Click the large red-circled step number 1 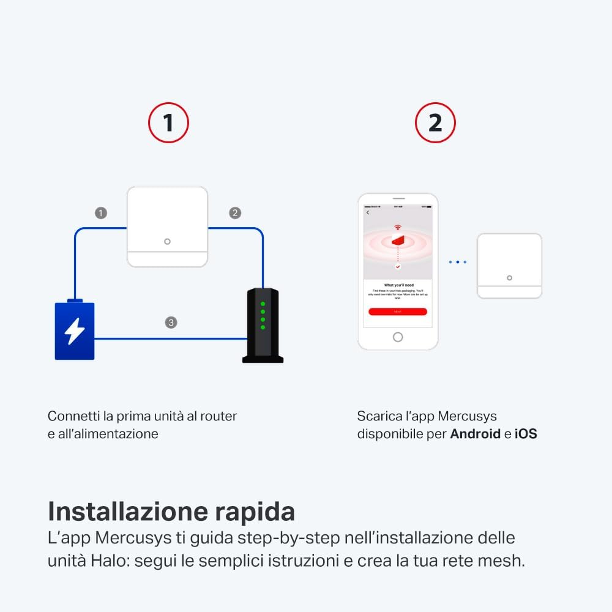[x=168, y=123]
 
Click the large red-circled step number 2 [x=435, y=123]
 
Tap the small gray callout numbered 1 [x=101, y=213]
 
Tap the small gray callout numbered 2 [x=235, y=213]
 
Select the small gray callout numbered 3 [x=171, y=322]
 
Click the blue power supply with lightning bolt [x=75, y=330]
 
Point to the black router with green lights [x=263, y=325]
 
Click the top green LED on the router [x=263, y=304]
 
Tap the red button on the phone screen [x=398, y=312]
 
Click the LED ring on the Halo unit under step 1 [x=167, y=242]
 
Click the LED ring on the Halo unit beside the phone [x=509, y=278]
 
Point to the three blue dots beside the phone [x=457, y=262]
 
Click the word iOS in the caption [x=526, y=434]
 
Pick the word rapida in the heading [x=257, y=512]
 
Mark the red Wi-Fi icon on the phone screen [x=398, y=228]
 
